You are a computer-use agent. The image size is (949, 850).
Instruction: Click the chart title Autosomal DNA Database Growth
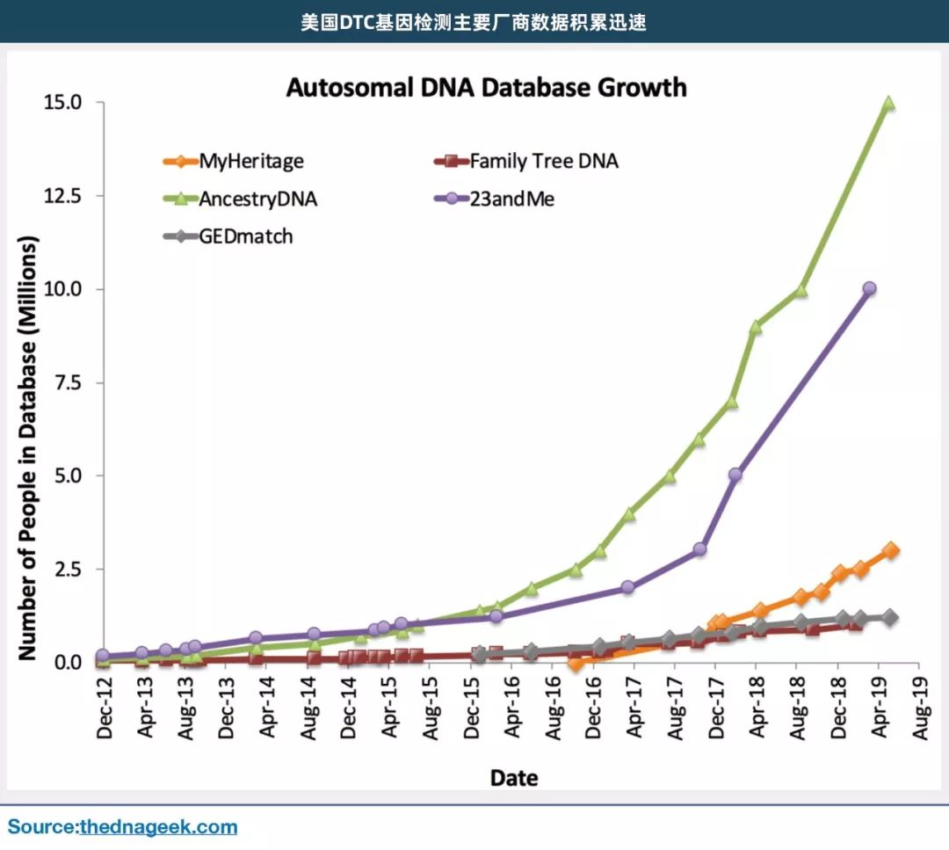[486, 88]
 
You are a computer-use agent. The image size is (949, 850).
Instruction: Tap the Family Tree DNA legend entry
[543, 162]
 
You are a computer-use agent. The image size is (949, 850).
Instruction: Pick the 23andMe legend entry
[512, 200]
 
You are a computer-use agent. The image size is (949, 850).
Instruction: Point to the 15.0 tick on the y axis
[62, 103]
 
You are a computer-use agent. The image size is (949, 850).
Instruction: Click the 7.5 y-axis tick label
[68, 382]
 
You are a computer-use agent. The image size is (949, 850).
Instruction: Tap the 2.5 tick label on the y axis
[68, 570]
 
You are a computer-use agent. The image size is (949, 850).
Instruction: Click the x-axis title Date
[514, 777]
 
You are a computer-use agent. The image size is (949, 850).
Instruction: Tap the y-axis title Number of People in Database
[29, 448]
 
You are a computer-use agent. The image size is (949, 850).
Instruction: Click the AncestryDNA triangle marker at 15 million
[888, 104]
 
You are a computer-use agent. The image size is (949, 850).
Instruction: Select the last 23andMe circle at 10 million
[870, 288]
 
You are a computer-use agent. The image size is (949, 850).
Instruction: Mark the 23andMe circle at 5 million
[735, 475]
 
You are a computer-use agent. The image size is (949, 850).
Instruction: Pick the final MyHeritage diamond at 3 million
[890, 550]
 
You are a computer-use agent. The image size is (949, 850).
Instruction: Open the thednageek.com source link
[158, 827]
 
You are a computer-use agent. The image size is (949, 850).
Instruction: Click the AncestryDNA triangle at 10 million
[800, 290]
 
